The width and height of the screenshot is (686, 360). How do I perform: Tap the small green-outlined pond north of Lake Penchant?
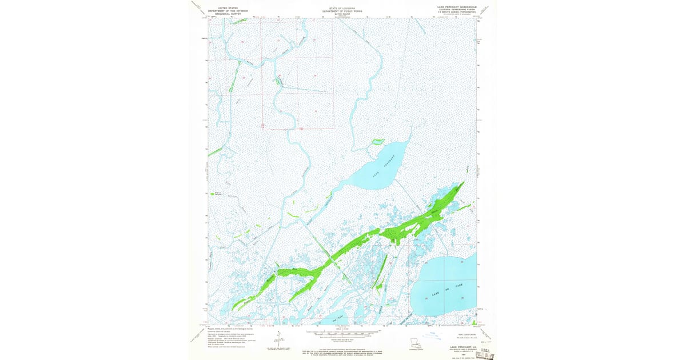[x=377, y=141]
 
